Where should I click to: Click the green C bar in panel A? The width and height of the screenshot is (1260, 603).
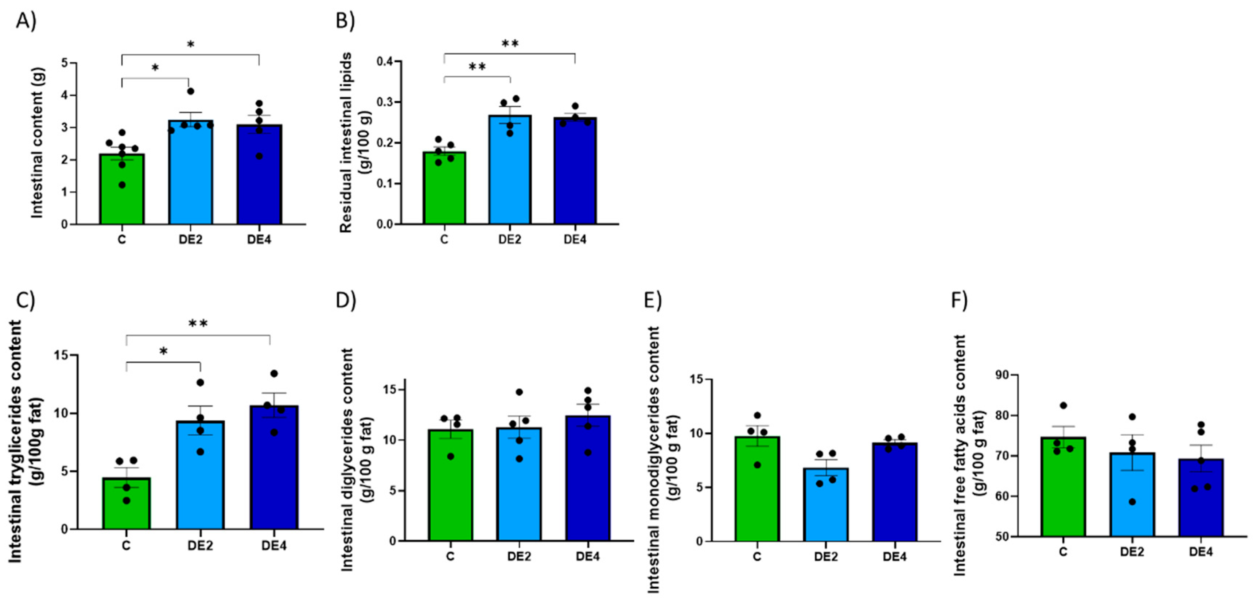[x=121, y=193]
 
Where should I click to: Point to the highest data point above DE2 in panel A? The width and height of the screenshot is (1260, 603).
[x=191, y=92]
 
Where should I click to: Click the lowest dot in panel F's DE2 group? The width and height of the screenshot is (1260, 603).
[x=1132, y=502]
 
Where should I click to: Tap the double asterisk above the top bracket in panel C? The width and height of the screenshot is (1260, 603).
[x=198, y=324]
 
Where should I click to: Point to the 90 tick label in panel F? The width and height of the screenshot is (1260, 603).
[x=1003, y=375]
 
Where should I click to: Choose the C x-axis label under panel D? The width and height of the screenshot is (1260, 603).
[x=450, y=557]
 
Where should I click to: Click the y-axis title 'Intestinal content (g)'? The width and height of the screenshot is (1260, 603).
[x=38, y=143]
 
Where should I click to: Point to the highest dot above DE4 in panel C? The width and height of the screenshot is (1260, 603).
[x=274, y=374]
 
